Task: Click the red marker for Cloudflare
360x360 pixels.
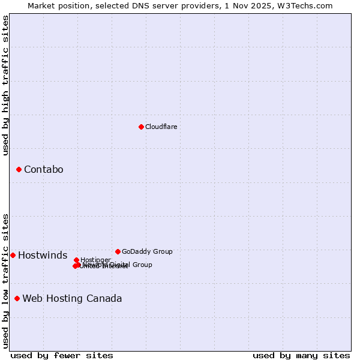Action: (x=141, y=127)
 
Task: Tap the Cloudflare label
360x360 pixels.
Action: (x=161, y=127)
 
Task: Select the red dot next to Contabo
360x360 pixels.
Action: (x=19, y=170)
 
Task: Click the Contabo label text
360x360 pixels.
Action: (x=43, y=170)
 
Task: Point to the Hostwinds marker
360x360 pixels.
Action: (x=13, y=255)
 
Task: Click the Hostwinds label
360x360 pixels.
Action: (x=43, y=256)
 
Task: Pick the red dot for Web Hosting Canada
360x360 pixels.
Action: (x=17, y=298)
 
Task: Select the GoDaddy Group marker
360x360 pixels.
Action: (x=118, y=251)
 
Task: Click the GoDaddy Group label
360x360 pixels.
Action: (x=147, y=251)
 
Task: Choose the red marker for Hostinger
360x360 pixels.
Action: (x=76, y=260)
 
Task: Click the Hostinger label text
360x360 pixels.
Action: (x=95, y=260)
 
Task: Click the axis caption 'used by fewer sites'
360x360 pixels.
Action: (x=62, y=355)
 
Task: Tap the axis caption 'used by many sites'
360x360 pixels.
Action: (x=301, y=355)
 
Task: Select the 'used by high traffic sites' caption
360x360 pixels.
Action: (x=5, y=85)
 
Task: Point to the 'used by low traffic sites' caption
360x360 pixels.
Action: (x=5, y=280)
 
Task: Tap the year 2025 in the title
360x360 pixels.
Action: (x=270, y=5)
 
